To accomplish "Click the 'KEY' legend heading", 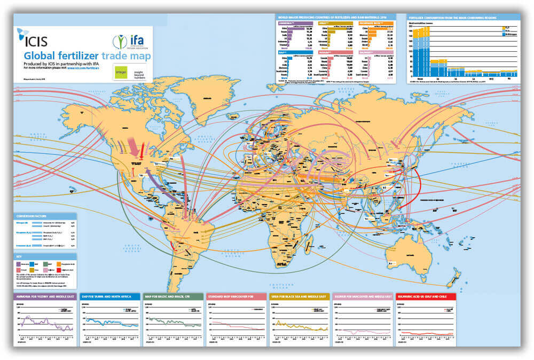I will click(20, 256).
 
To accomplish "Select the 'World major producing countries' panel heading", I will click(335, 18).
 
